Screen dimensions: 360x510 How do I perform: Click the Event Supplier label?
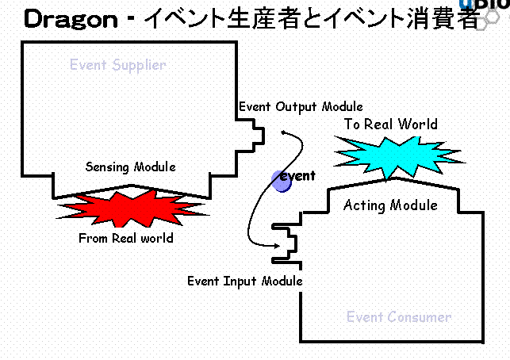point(118,65)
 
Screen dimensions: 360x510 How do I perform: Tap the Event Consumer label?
point(399,317)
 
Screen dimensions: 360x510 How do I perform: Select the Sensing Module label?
point(131,167)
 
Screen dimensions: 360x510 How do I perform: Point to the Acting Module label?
point(390,205)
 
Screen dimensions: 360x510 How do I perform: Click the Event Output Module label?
point(301,106)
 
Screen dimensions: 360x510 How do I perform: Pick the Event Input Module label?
point(245,281)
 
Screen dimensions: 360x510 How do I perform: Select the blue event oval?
point(282,181)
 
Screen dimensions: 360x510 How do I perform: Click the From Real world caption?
point(125,238)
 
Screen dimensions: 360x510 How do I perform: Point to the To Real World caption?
point(390,124)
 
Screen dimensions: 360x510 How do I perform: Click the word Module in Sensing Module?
point(155,167)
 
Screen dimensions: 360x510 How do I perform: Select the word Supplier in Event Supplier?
point(139,65)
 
